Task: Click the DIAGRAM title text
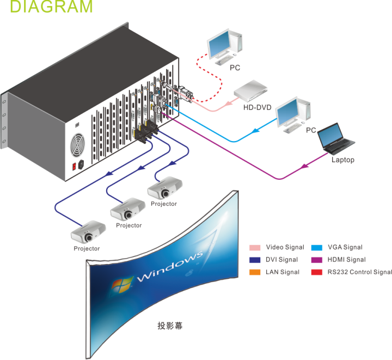pos(52,8)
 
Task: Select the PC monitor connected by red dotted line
pos(224,45)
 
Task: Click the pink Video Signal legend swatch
pos(255,247)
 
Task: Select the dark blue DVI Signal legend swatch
pos(255,259)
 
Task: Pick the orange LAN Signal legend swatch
pos(255,271)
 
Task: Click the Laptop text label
pos(343,160)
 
